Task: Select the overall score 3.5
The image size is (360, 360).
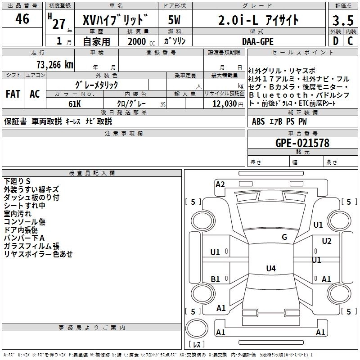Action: tap(342, 21)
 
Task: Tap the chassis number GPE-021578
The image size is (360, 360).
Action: tap(302, 143)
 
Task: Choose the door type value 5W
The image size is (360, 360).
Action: tap(174, 20)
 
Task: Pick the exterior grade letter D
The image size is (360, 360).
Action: tap(335, 41)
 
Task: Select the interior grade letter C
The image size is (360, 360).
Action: tap(350, 41)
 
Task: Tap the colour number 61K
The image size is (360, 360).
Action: tap(75, 104)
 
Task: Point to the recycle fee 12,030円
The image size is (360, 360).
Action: tap(224, 104)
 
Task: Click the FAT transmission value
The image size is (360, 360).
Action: tap(13, 94)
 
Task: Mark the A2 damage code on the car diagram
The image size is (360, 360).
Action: tap(220, 184)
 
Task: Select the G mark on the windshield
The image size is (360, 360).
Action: tap(284, 237)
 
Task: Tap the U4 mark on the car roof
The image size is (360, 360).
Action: tap(270, 269)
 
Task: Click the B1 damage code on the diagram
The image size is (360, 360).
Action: tap(216, 279)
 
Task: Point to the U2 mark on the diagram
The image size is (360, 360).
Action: tap(327, 241)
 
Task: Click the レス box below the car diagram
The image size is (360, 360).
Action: tap(197, 345)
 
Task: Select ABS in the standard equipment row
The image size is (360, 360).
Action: tap(258, 121)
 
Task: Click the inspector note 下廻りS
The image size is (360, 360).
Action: tap(17, 181)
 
